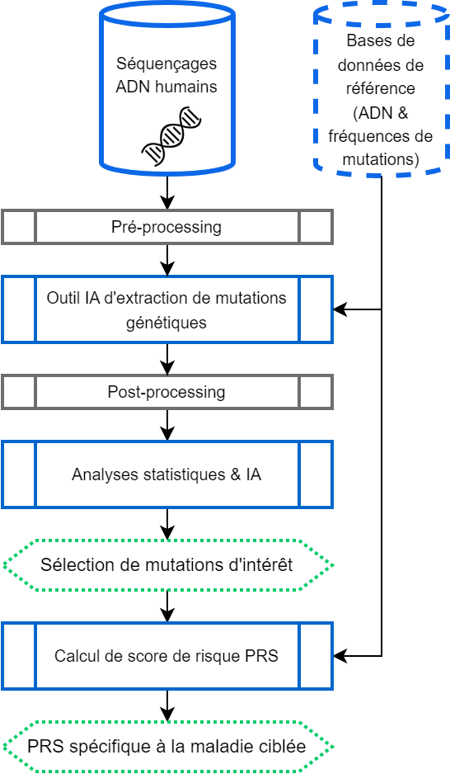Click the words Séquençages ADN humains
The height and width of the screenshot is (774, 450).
click(x=166, y=75)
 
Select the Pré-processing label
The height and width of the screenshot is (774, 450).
click(x=166, y=227)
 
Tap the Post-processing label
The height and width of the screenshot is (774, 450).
click(x=166, y=392)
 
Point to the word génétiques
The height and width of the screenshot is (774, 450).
click(x=166, y=323)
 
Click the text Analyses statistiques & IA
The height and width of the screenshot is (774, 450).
click(x=166, y=474)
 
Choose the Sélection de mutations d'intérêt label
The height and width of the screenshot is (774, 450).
click(x=166, y=564)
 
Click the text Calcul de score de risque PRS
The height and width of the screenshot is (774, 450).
click(x=166, y=656)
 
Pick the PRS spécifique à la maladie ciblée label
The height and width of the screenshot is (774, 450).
click(x=166, y=746)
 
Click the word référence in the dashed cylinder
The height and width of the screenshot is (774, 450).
click(x=381, y=88)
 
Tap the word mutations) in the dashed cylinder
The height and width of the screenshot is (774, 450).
click(x=381, y=159)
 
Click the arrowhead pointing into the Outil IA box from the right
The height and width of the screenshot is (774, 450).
click(x=340, y=309)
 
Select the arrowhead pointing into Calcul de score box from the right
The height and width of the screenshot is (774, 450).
click(x=340, y=656)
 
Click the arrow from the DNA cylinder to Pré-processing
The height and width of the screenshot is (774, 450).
click(x=167, y=192)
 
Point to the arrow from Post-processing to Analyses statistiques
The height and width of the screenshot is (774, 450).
click(x=167, y=425)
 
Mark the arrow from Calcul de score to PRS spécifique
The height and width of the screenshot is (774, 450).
click(x=167, y=706)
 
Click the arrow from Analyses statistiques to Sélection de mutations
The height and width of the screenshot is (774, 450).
click(x=167, y=524)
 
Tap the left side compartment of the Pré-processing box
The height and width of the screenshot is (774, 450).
click(x=19, y=227)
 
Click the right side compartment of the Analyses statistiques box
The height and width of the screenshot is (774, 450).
click(x=316, y=474)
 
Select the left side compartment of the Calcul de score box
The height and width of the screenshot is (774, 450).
click(x=19, y=656)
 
